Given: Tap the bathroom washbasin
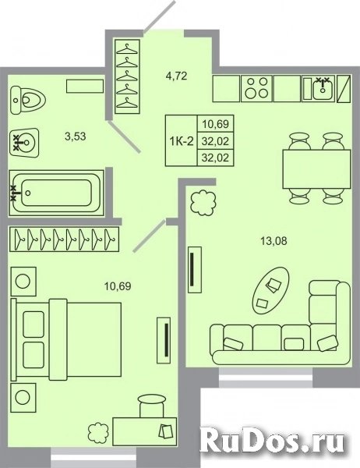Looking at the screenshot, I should (x=26, y=143).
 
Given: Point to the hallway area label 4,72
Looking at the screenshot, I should (x=175, y=76).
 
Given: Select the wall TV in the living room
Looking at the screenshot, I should (x=192, y=270).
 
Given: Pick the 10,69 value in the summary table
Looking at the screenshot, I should (x=211, y=123).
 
